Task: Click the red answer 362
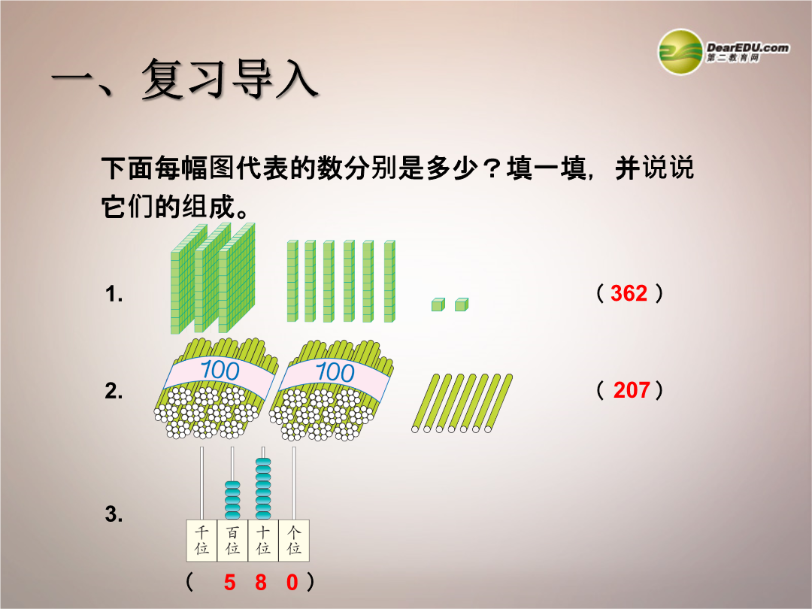click(x=629, y=293)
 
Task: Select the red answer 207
click(x=632, y=390)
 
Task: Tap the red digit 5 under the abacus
click(x=229, y=583)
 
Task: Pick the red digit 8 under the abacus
click(x=260, y=583)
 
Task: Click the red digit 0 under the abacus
click(x=292, y=583)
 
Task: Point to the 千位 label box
click(x=202, y=541)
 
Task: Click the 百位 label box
click(x=232, y=541)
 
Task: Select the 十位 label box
click(x=263, y=541)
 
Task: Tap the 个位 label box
click(x=294, y=541)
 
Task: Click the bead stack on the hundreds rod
click(x=232, y=500)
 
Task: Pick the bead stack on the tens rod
click(x=263, y=489)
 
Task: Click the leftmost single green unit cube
click(x=438, y=304)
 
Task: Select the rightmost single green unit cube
click(x=462, y=304)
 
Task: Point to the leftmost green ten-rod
click(x=292, y=281)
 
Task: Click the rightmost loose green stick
click(x=499, y=403)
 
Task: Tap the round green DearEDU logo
click(x=680, y=52)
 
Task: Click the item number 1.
click(x=114, y=294)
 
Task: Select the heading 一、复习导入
click(x=185, y=79)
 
